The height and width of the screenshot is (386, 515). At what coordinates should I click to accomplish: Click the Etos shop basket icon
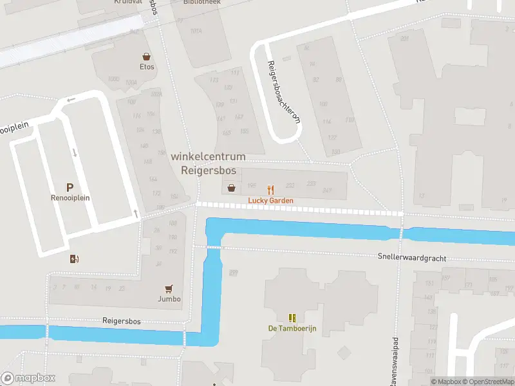click(x=147, y=57)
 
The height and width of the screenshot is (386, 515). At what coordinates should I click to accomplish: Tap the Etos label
click(x=147, y=66)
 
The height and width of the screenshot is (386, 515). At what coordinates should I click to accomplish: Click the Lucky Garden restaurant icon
click(x=271, y=189)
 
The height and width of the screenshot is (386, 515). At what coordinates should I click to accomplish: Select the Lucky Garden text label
click(x=271, y=201)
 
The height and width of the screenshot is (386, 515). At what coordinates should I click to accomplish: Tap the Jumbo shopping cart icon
click(x=169, y=289)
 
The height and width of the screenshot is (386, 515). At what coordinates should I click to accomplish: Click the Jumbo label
click(x=169, y=299)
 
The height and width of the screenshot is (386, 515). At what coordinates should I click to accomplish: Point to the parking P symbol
click(x=70, y=187)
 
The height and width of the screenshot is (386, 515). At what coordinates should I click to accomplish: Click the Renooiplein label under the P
click(x=70, y=198)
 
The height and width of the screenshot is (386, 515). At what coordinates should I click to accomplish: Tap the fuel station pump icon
click(x=75, y=259)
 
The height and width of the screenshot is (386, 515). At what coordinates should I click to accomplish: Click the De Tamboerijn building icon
click(x=292, y=318)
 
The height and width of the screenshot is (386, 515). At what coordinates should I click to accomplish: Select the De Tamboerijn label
click(x=292, y=328)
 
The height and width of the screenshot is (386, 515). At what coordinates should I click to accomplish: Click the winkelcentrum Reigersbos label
click(x=208, y=164)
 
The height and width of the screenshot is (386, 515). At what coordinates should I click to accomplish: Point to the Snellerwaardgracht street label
click(x=412, y=257)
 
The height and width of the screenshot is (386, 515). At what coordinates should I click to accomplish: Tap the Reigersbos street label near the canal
click(x=121, y=320)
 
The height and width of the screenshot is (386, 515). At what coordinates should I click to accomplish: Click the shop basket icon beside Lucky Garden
click(x=231, y=188)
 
